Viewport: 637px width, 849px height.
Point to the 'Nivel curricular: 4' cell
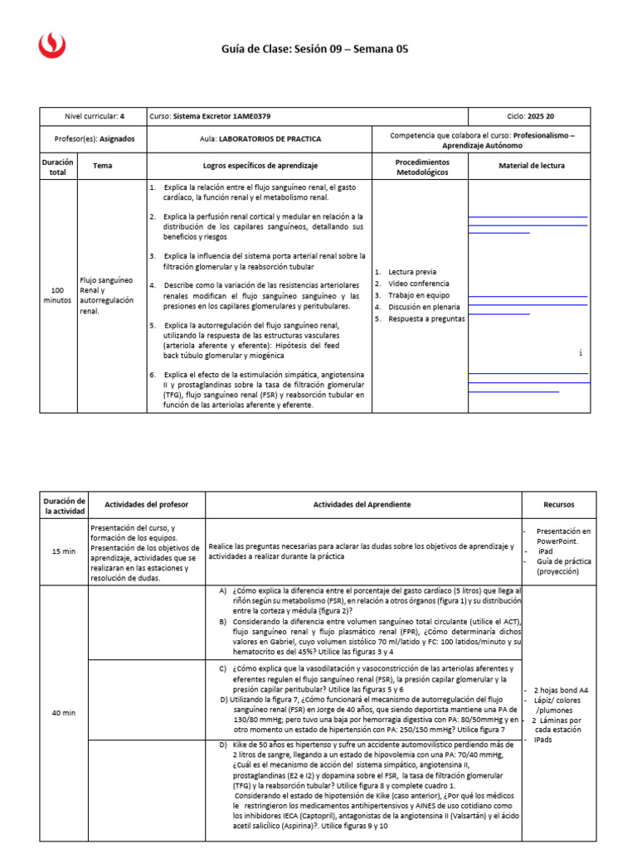[x=94, y=117]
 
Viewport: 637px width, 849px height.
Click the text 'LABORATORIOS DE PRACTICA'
[x=270, y=139]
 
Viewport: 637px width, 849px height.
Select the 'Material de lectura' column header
[x=531, y=166]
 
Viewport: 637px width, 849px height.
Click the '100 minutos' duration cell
[x=57, y=295]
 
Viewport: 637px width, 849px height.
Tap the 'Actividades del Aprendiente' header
[x=362, y=504]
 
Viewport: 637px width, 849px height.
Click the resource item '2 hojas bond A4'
[x=560, y=690]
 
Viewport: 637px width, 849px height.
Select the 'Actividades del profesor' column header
[x=145, y=504]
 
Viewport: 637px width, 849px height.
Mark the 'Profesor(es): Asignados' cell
[x=94, y=139]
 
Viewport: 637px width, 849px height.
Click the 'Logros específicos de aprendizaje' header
[x=260, y=166]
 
